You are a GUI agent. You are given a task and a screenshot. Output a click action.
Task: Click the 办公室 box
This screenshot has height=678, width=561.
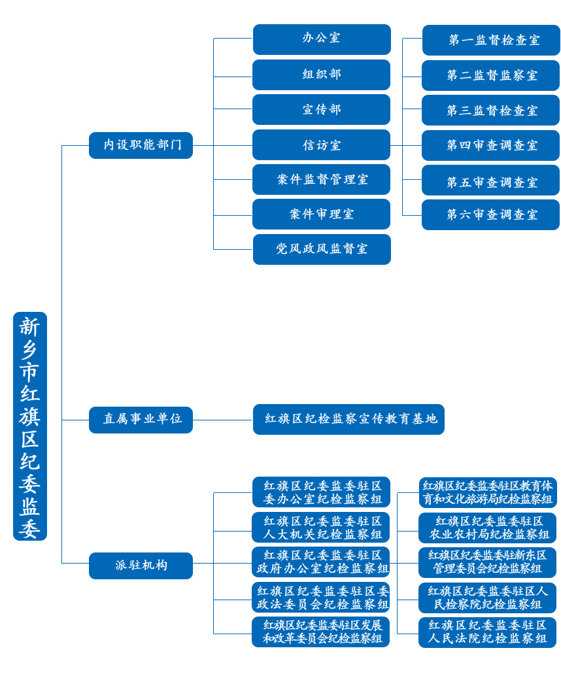coord(322,39)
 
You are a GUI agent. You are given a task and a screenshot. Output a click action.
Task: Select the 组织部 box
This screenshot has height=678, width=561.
coord(321,75)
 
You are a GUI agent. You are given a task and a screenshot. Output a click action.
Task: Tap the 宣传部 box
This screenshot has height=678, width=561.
coord(321,109)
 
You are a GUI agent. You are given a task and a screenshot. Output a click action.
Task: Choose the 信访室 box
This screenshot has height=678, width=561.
coord(321,144)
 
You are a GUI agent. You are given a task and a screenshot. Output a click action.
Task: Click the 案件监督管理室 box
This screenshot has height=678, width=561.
coord(321,179)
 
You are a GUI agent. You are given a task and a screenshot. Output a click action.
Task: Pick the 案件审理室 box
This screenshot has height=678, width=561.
coord(321,214)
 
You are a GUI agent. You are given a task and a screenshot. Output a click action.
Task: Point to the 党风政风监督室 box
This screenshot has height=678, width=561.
coord(322,249)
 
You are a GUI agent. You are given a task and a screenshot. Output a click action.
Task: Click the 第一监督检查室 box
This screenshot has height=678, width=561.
coord(491,40)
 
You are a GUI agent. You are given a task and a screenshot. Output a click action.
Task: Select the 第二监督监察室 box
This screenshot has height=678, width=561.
coord(490,75)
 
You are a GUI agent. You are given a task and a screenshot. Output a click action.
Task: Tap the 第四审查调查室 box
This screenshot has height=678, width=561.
coord(490,145)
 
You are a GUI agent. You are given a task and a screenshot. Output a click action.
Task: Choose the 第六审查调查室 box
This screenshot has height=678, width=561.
coord(490,214)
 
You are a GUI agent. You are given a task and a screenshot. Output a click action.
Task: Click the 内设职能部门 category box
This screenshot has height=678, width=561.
coord(141,145)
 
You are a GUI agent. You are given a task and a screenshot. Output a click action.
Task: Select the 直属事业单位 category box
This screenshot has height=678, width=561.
coord(141,420)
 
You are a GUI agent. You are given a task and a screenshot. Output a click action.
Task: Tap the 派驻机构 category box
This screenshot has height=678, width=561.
coord(141,566)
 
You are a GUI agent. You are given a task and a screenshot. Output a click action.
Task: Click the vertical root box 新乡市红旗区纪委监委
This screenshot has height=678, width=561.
coord(30,426)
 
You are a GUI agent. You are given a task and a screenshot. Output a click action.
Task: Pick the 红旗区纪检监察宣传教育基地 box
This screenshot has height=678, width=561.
coord(348,419)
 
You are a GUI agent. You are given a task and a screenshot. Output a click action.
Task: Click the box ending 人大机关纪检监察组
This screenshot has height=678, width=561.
coord(320,527)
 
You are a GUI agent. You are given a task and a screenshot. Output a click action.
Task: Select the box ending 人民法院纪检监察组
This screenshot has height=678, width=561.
coord(487,632)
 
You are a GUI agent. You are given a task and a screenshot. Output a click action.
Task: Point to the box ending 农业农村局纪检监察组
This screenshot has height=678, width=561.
coord(487,528)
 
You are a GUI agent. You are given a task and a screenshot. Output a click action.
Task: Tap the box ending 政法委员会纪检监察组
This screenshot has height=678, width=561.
coord(320,597)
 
